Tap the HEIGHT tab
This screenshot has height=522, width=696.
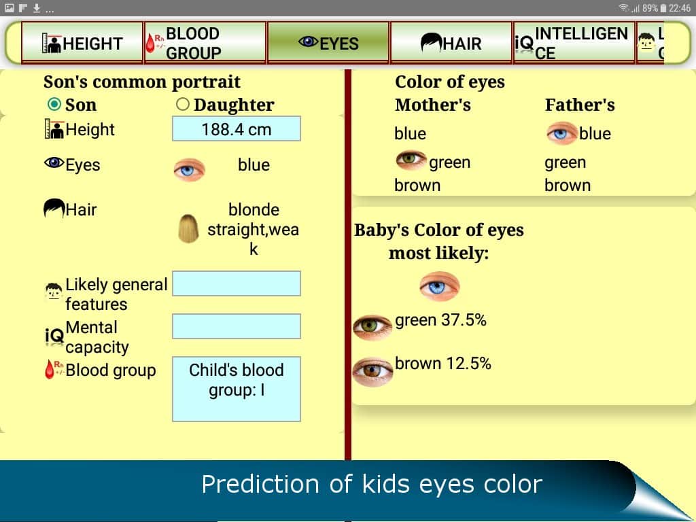click(x=82, y=43)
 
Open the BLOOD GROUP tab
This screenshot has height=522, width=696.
click(x=205, y=43)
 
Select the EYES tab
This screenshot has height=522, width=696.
click(x=328, y=43)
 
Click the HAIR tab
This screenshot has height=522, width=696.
click(x=451, y=43)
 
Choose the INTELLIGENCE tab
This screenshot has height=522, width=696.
click(x=574, y=43)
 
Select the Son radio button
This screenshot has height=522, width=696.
click(x=54, y=104)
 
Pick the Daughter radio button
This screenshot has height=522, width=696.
click(x=182, y=104)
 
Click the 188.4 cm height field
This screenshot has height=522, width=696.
click(x=236, y=128)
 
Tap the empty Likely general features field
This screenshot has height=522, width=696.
click(x=236, y=283)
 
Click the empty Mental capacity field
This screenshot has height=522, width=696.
click(x=236, y=326)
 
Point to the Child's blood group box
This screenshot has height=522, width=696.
click(x=236, y=389)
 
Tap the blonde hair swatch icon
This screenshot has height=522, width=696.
click(x=189, y=228)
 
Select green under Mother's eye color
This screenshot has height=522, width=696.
click(x=449, y=162)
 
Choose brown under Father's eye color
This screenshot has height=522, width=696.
click(x=568, y=185)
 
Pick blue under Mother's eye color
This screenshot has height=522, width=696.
click(x=410, y=133)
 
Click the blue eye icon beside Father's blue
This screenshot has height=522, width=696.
click(x=561, y=133)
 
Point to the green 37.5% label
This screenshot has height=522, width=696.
click(x=440, y=319)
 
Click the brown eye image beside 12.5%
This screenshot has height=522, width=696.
click(x=372, y=372)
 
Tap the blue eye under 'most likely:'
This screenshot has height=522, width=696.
click(x=440, y=286)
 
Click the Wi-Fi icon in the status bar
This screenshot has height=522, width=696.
click(x=624, y=8)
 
